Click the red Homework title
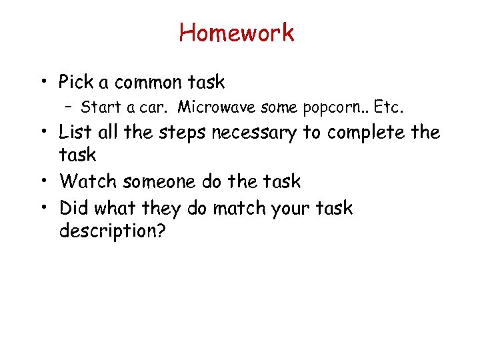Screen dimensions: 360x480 coord(237,32)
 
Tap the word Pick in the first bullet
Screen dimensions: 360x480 coord(75,83)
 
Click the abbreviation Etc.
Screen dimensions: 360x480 coord(390,107)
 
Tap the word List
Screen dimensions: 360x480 coord(76,133)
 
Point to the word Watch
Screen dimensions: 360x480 coord(83,181)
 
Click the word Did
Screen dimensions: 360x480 coord(74,208)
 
